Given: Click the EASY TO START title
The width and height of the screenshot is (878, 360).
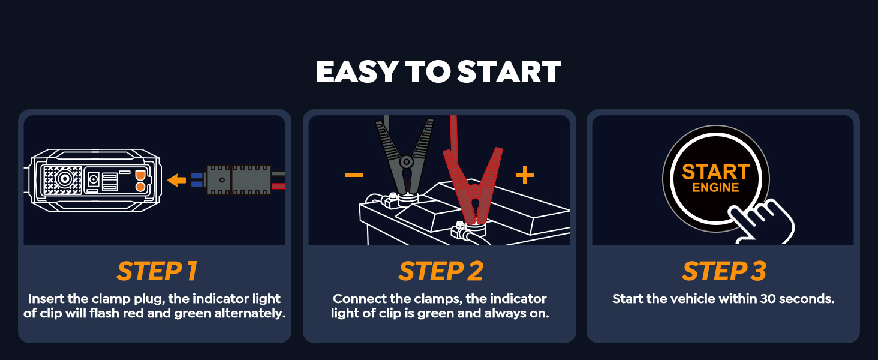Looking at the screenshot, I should coord(438,72).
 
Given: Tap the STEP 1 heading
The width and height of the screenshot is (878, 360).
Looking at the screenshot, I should coord(157,272).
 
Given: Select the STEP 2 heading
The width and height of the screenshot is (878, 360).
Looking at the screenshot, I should coord(441,272).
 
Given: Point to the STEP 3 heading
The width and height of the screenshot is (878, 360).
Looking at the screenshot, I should coord(724,272).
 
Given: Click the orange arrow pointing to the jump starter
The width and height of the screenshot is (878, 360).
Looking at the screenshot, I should coord(176,180).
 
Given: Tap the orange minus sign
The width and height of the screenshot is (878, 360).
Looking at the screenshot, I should coord(353,175).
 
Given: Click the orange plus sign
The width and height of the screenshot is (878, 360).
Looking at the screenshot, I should coord(524,175).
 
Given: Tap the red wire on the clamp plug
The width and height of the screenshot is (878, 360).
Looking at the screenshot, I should coord(278,186).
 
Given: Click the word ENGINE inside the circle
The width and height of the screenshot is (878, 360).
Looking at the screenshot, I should coord(715,188).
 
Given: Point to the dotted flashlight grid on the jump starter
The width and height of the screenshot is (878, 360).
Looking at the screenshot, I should coord(63,179).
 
